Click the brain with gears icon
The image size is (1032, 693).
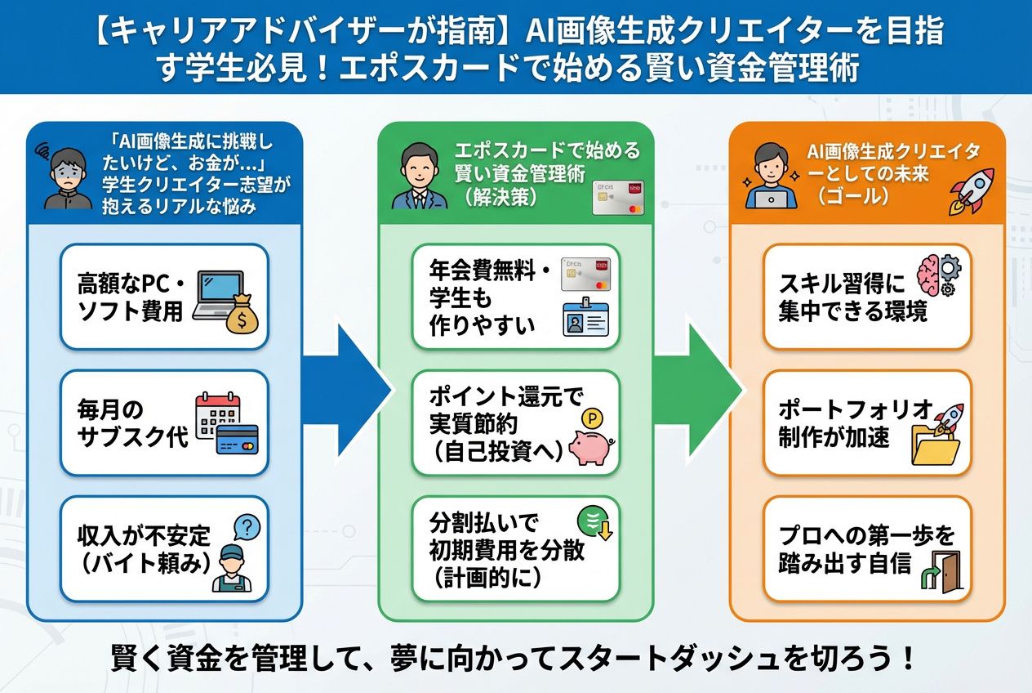[939, 275]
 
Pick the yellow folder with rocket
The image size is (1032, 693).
[936, 440]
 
